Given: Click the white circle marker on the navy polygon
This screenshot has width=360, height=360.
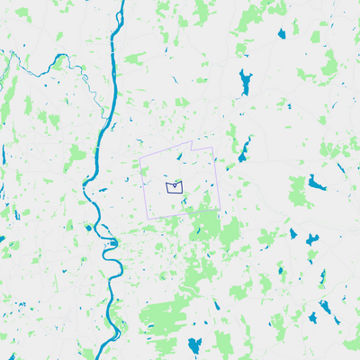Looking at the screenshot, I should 173,183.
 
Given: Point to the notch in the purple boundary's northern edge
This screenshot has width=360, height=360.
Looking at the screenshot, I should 191,146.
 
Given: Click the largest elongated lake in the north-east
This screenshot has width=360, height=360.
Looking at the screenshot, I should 246,83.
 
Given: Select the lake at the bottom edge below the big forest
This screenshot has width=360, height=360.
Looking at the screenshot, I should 194,346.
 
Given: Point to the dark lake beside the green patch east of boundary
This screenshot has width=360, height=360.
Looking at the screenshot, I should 317,184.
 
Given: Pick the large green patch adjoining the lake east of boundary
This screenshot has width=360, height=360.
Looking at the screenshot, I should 299,191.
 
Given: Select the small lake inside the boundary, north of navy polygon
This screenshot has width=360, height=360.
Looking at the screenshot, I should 180,161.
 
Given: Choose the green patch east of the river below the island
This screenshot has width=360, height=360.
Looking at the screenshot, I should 133,60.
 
